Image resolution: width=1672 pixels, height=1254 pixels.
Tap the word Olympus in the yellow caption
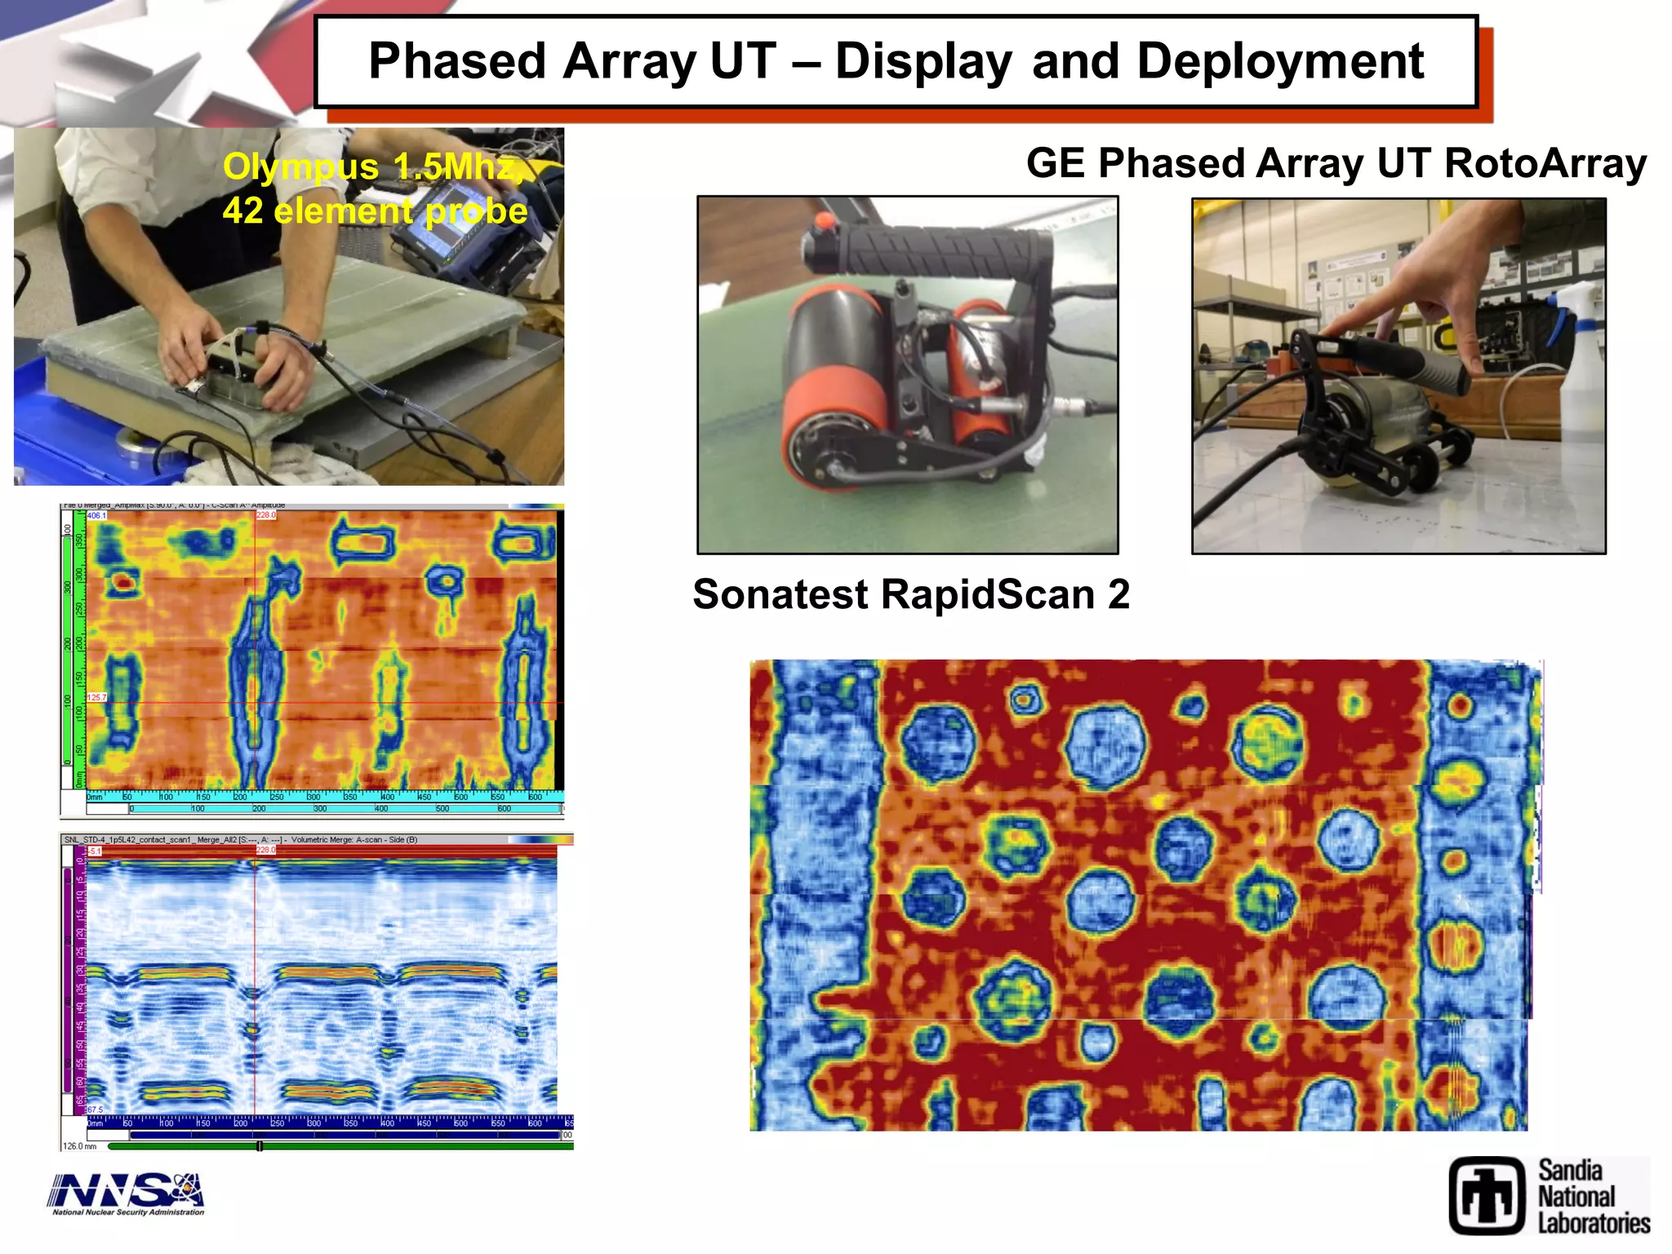[300, 167]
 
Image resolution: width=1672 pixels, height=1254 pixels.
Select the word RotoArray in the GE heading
[1545, 163]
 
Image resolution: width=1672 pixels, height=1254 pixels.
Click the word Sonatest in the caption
[780, 594]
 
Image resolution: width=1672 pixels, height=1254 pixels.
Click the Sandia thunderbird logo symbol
[1487, 1195]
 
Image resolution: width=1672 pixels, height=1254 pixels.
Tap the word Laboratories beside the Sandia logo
[1594, 1224]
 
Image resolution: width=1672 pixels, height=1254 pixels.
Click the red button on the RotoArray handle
[824, 220]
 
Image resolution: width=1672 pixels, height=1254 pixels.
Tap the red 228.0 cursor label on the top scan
[266, 515]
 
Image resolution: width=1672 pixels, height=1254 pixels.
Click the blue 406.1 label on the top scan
[96, 515]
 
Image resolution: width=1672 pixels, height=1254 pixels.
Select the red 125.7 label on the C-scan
[96, 697]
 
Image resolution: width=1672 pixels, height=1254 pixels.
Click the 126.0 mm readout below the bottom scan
[80, 1146]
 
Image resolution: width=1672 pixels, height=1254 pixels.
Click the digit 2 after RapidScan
[1118, 594]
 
